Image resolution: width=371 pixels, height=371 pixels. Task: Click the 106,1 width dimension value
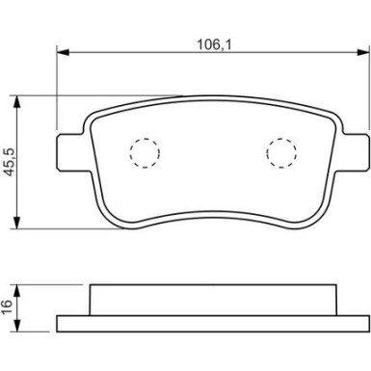(x=214, y=44)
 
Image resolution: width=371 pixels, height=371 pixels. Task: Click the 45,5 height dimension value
(x=11, y=162)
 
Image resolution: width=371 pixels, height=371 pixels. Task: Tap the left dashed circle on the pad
(x=145, y=153)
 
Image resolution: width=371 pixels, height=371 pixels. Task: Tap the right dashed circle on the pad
(x=281, y=153)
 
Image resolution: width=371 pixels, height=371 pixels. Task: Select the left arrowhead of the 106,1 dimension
(x=63, y=52)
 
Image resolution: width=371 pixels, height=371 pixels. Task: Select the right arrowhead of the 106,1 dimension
(x=363, y=52)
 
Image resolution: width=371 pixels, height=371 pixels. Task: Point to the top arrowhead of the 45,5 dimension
(x=17, y=102)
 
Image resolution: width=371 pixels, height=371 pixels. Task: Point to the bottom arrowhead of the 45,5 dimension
(x=17, y=223)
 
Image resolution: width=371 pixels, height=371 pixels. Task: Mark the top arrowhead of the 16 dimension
(x=17, y=291)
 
